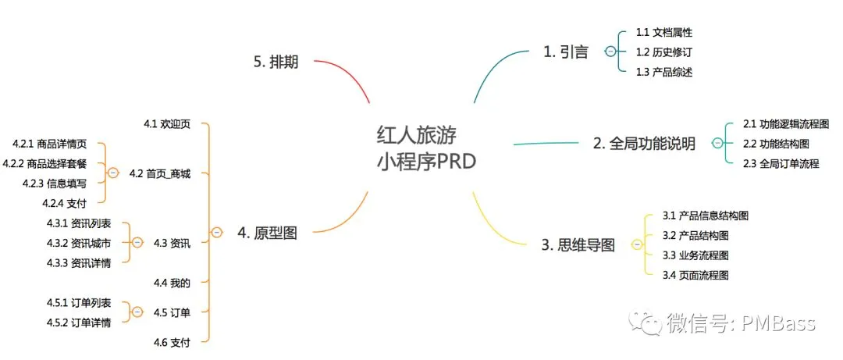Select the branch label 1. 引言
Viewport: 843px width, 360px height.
pos(566,52)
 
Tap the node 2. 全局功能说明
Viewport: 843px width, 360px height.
pos(644,144)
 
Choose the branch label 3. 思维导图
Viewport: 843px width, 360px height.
pos(578,245)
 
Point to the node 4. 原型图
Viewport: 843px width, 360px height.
pos(267,232)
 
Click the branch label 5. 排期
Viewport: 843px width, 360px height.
pos(276,63)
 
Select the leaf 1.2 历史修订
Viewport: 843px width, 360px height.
pos(664,52)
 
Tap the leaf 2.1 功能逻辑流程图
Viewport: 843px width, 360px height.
pos(785,124)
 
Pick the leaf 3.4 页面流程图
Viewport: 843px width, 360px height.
pos(695,275)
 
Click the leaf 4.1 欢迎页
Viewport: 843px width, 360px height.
pos(167,124)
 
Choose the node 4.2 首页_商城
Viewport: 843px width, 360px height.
pos(159,173)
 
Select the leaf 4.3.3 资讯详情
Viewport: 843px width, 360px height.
pos(78,262)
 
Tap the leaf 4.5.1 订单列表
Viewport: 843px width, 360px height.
pos(78,302)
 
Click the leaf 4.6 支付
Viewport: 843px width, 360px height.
pos(172,341)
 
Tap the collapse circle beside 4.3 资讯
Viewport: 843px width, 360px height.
pos(137,243)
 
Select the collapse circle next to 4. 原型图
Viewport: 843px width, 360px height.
pos(217,232)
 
